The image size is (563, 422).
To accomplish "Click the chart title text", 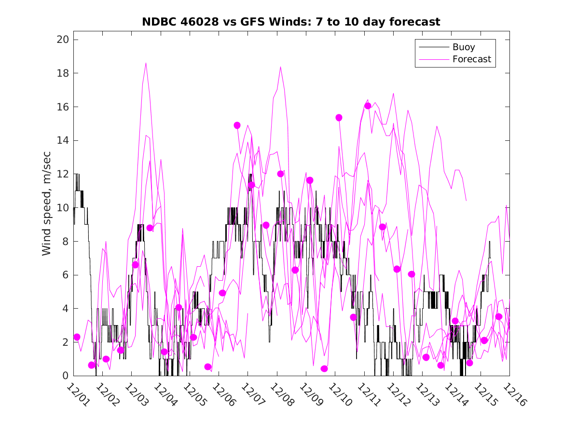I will coord(291,22).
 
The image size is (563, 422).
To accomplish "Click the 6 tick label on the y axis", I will coord(64,275).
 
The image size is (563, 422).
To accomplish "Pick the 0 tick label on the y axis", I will coord(64,376).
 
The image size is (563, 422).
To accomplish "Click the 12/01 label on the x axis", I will coord(77,395).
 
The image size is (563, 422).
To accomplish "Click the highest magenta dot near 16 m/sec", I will coord(368,106).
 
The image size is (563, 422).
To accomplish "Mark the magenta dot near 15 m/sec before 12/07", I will coord(237,125).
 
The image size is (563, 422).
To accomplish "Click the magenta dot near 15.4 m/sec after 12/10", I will coord(339,118).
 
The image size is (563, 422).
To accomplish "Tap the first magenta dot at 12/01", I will coord(77,337).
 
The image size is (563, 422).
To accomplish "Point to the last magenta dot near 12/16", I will coord(499,317).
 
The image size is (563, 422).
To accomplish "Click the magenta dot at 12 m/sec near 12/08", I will coord(280,174).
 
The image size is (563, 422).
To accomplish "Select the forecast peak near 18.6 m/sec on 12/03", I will coord(146,63).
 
